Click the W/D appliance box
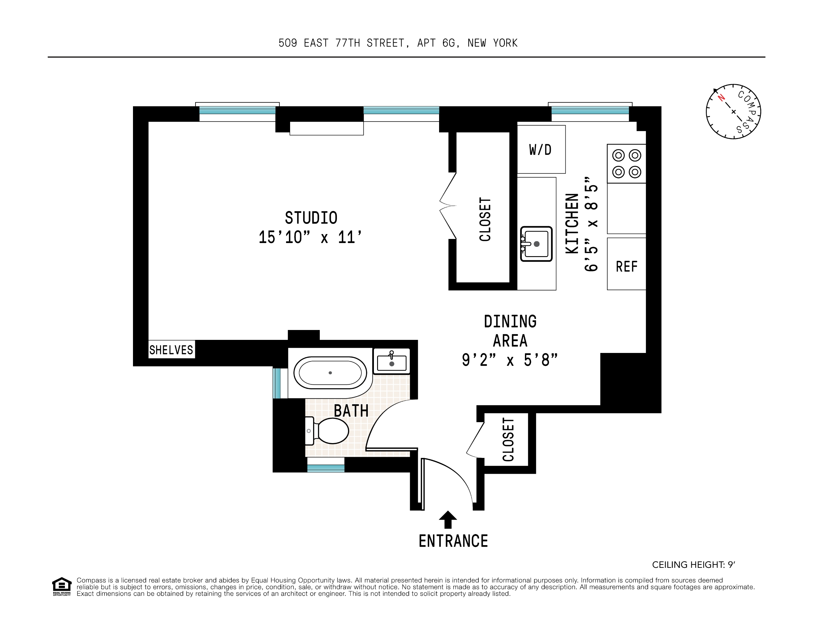coord(541,149)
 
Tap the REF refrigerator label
coord(626,266)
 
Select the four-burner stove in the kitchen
coord(626,164)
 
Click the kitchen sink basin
coord(536,244)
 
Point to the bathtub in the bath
coord(330,372)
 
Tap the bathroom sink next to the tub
coord(391,361)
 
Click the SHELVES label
coord(171,350)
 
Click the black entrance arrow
coord(448,519)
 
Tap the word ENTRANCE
coord(453,541)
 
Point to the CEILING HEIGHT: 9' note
coord(693,565)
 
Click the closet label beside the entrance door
coord(508,439)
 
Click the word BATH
coord(351,411)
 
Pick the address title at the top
coord(397,43)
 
